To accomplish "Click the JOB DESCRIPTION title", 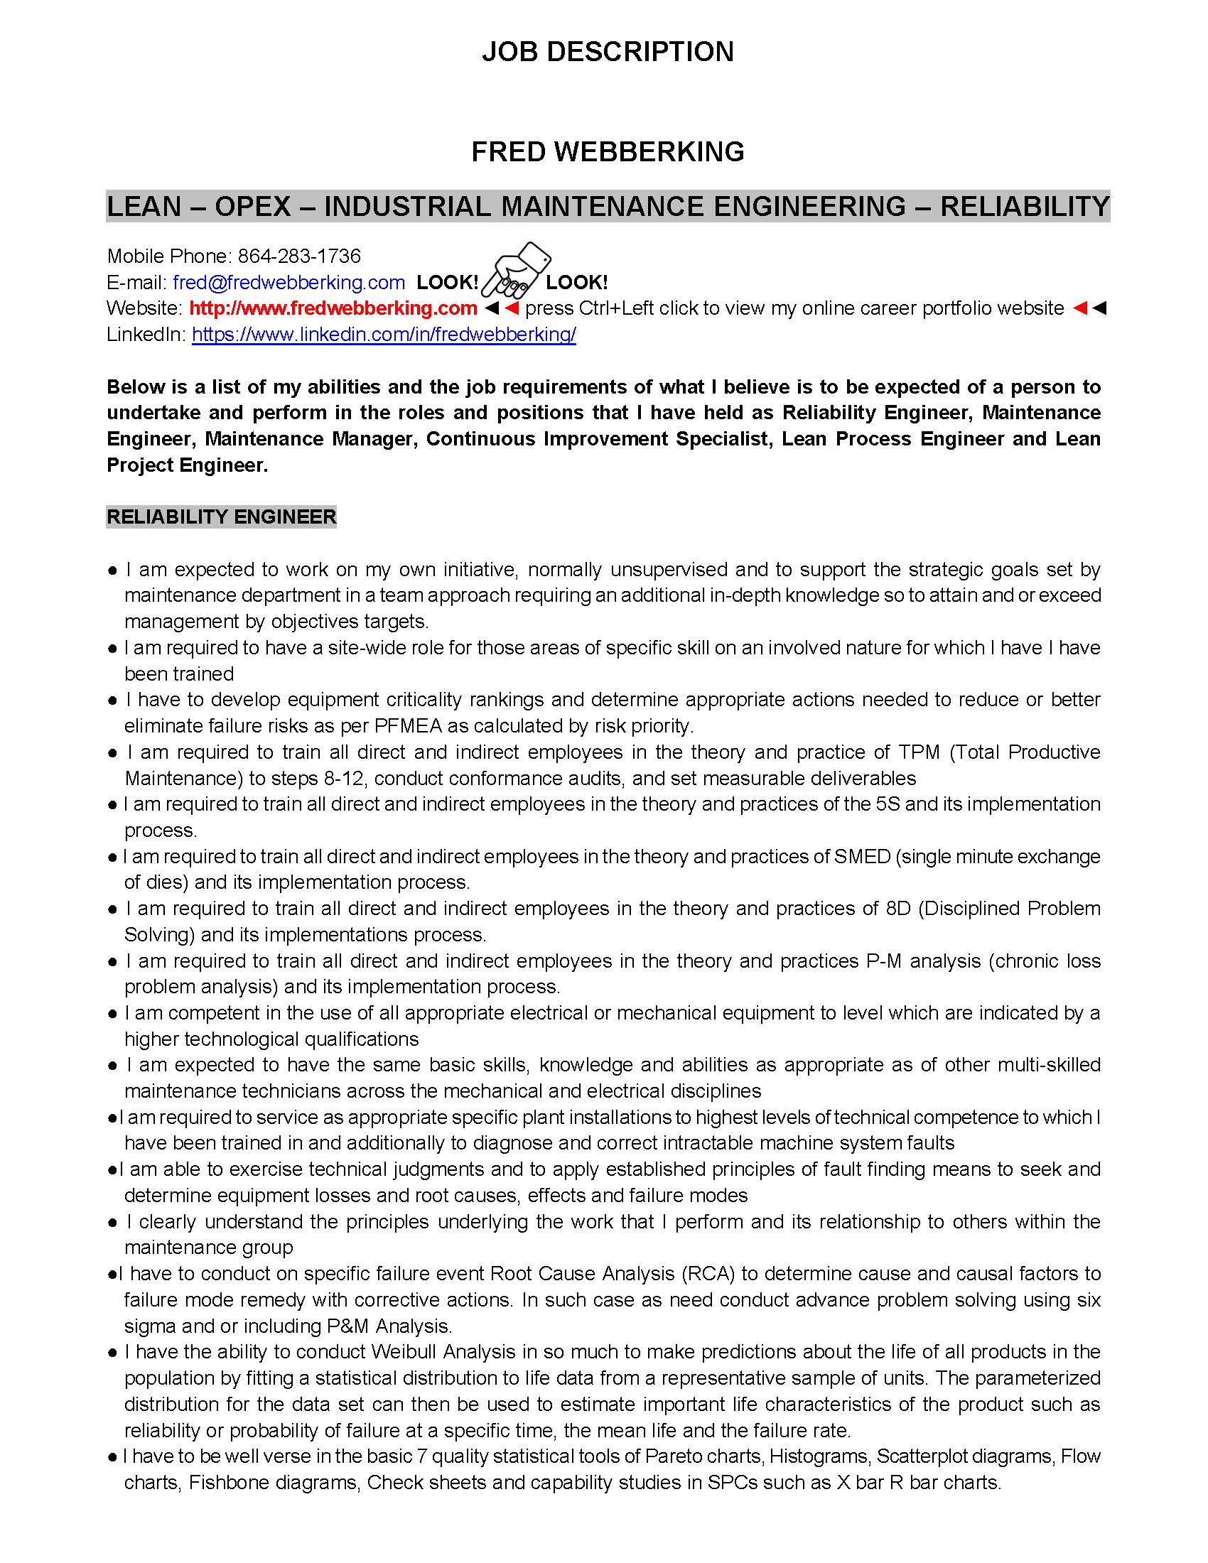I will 607,52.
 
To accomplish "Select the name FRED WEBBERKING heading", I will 607,152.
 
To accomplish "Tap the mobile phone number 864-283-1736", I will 299,256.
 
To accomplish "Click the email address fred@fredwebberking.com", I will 289,282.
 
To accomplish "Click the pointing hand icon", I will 514,272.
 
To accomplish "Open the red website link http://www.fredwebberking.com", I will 333,308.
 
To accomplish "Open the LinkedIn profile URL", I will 384,334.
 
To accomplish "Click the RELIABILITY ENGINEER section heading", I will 221,517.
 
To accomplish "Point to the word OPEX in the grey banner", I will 253,206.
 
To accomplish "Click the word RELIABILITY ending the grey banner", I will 1024,206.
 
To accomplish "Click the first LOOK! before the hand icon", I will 447,282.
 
